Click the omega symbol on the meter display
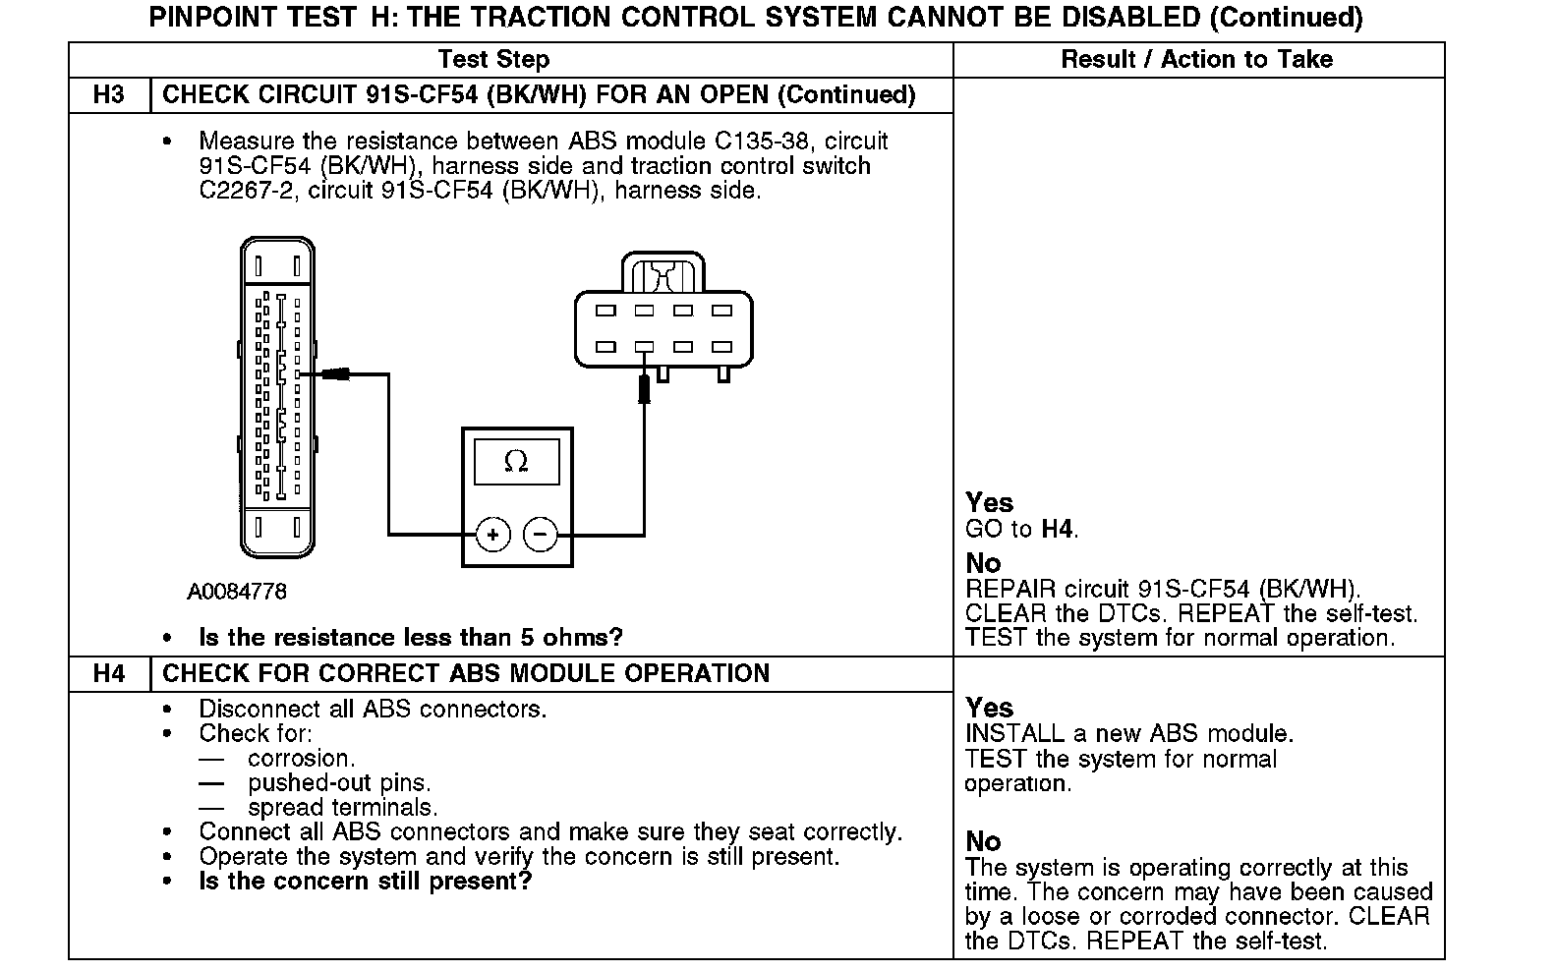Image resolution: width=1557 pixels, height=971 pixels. (x=516, y=461)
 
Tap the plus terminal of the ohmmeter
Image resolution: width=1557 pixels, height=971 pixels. (x=492, y=535)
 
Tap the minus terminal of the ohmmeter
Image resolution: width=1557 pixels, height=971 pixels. (x=540, y=535)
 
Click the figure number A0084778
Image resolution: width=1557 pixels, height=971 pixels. (x=237, y=592)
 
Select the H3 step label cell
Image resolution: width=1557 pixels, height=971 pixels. (x=108, y=95)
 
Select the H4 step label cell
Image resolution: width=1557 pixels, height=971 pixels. (x=108, y=674)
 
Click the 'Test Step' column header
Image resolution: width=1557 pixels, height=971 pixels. (x=493, y=59)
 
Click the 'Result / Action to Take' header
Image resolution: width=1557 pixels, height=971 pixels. (x=1196, y=59)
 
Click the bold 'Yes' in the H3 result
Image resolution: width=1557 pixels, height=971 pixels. (x=989, y=503)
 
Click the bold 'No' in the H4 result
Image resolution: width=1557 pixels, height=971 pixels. (x=983, y=841)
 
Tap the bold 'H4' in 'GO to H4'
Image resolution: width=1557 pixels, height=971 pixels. (x=1058, y=530)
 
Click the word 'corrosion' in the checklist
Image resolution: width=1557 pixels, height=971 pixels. (x=299, y=759)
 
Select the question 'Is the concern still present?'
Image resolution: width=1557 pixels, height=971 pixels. (x=365, y=881)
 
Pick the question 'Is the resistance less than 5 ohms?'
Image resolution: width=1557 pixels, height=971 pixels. (x=411, y=638)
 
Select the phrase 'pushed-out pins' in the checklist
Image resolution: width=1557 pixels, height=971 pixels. (x=337, y=783)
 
